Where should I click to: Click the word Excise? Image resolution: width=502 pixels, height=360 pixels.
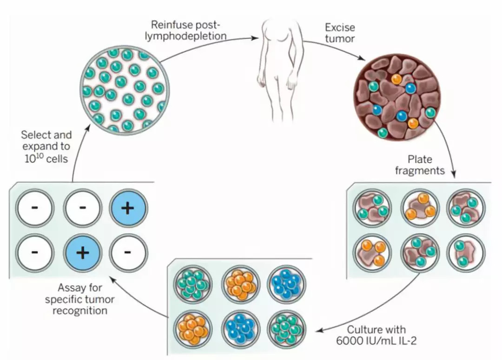point(340,27)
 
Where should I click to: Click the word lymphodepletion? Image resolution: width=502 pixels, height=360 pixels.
point(185,36)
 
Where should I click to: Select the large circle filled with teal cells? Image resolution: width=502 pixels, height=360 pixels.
point(125,90)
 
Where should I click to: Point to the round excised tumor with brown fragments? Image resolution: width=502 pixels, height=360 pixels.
point(396,97)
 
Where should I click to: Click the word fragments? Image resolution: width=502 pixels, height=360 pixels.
point(420,170)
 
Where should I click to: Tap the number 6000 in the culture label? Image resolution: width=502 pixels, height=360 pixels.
point(349,341)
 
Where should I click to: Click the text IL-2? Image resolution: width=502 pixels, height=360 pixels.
point(407,341)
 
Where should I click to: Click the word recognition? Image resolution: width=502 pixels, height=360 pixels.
point(80,311)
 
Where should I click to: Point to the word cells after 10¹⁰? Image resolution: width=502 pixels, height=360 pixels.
point(57,159)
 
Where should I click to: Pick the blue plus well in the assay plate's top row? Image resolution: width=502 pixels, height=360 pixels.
point(128,208)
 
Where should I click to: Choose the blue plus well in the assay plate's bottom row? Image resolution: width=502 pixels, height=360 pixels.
point(83,253)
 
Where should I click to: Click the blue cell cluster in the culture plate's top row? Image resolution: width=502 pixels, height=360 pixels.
point(286,284)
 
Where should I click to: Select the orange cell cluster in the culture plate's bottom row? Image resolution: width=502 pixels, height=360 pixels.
point(192,329)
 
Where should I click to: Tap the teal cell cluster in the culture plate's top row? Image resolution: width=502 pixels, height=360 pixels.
point(192,284)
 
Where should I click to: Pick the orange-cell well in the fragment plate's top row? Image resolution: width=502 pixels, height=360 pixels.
point(420,208)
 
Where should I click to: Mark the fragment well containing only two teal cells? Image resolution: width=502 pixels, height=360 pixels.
point(466,253)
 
